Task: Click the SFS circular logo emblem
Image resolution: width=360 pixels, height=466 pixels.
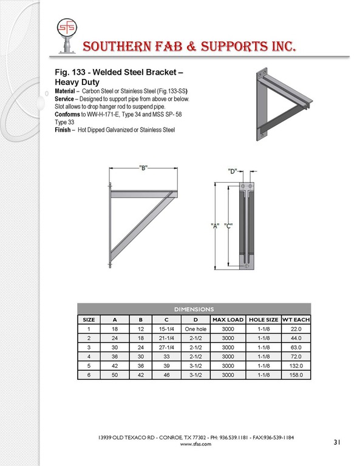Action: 67,27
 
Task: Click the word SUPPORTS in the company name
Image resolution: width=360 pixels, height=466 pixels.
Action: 234,47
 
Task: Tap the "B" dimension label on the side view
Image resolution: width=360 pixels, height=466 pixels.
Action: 143,168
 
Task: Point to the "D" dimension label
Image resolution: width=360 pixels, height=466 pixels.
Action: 233,171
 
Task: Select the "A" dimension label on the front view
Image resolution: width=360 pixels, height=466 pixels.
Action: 215,226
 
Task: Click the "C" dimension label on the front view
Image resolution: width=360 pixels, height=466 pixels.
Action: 228,226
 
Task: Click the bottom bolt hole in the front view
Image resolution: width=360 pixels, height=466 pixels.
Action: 246,266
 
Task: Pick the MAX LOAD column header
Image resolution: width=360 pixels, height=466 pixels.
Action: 228,320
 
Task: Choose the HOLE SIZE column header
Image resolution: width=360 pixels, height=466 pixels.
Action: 263,320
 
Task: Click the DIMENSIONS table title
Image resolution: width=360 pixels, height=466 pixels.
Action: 194,309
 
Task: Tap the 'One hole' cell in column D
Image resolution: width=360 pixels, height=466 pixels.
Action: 195,329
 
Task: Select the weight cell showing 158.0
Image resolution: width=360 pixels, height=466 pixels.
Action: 296,375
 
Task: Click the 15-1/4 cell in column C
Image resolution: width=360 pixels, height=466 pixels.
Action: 166,329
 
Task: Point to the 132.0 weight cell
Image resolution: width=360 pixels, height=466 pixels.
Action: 296,366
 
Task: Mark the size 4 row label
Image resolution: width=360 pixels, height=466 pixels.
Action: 89,357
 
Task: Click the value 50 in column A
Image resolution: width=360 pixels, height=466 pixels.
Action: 115,375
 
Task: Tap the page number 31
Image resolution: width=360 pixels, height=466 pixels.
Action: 336,442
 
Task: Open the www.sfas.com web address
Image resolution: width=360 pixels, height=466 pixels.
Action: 195,444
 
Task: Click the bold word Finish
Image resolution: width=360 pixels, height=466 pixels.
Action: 63,130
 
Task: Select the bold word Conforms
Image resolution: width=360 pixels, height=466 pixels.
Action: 67,115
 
